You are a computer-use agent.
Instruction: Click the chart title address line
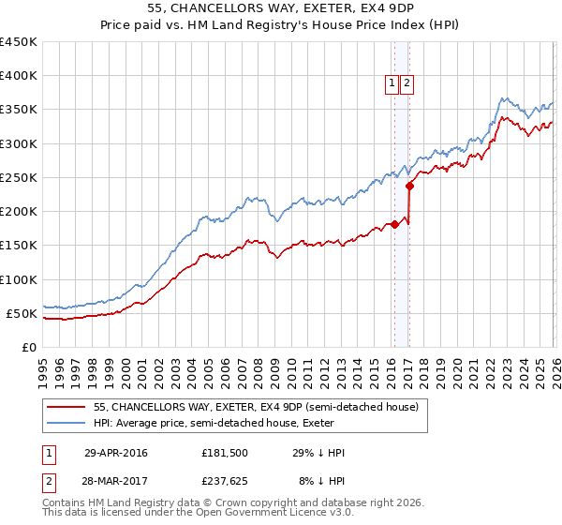pos(280,8)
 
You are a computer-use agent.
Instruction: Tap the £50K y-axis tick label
pos(22,313)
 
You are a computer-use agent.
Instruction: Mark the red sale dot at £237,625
pos(410,186)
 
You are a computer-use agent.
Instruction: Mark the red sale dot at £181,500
pos(395,224)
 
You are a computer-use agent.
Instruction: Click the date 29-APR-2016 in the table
pos(116,453)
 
